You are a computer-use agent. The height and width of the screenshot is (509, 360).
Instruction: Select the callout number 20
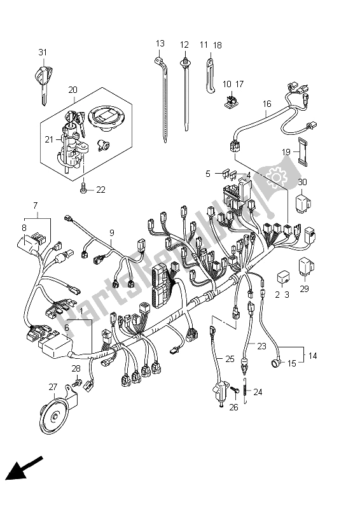[73, 90]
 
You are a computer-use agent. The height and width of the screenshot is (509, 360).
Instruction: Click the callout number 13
[160, 43]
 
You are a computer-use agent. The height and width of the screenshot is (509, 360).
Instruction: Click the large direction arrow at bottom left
[25, 468]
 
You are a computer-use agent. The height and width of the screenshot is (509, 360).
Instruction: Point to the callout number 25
[230, 359]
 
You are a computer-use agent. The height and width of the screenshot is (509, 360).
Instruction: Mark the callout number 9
[112, 232]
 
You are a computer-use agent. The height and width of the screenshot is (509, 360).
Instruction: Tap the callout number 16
[267, 104]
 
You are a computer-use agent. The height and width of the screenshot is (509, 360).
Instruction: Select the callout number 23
[261, 346]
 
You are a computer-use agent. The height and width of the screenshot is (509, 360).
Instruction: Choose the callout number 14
[312, 356]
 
